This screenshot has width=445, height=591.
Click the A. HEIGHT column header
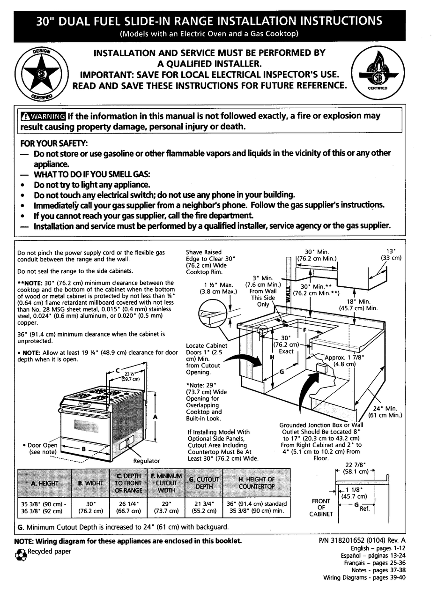(44, 483)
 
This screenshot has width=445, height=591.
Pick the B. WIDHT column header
(91, 483)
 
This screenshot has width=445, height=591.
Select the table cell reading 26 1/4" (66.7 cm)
(128, 507)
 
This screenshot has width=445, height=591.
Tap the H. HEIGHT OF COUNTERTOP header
(256, 483)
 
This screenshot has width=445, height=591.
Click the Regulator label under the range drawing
(147, 461)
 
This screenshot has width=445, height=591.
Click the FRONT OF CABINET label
(321, 507)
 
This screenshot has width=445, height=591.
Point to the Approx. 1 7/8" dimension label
(344, 360)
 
